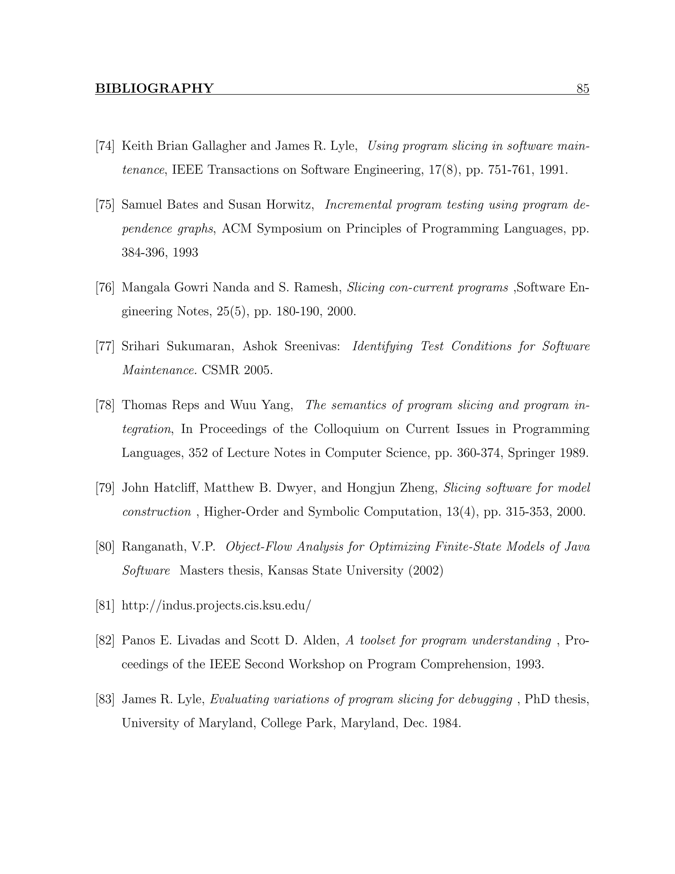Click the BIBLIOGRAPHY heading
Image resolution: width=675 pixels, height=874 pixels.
154,88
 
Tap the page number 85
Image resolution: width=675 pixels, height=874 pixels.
583,88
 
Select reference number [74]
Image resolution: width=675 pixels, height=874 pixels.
105,146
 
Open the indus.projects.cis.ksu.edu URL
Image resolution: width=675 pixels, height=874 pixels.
216,606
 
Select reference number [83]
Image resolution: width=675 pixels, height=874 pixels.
105,700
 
